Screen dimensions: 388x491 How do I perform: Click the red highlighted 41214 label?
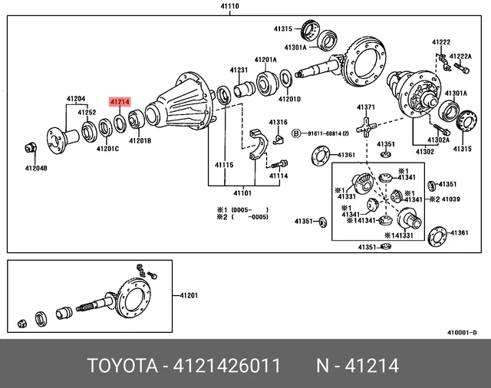(x=120, y=101)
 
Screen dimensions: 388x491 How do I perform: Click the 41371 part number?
(x=365, y=107)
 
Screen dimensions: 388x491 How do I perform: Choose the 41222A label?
(x=460, y=56)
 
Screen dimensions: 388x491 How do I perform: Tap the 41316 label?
(x=278, y=123)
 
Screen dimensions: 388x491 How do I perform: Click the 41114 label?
(x=278, y=176)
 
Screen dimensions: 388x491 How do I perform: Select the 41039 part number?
(x=448, y=199)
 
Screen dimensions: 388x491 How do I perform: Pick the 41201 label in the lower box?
(x=189, y=296)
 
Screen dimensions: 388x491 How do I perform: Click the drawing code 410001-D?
(x=462, y=333)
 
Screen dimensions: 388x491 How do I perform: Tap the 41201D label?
(x=289, y=99)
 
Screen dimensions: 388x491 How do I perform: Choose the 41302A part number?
(x=439, y=140)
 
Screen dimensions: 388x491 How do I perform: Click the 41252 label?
(x=87, y=112)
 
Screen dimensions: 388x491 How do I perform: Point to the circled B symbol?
(x=296, y=133)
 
